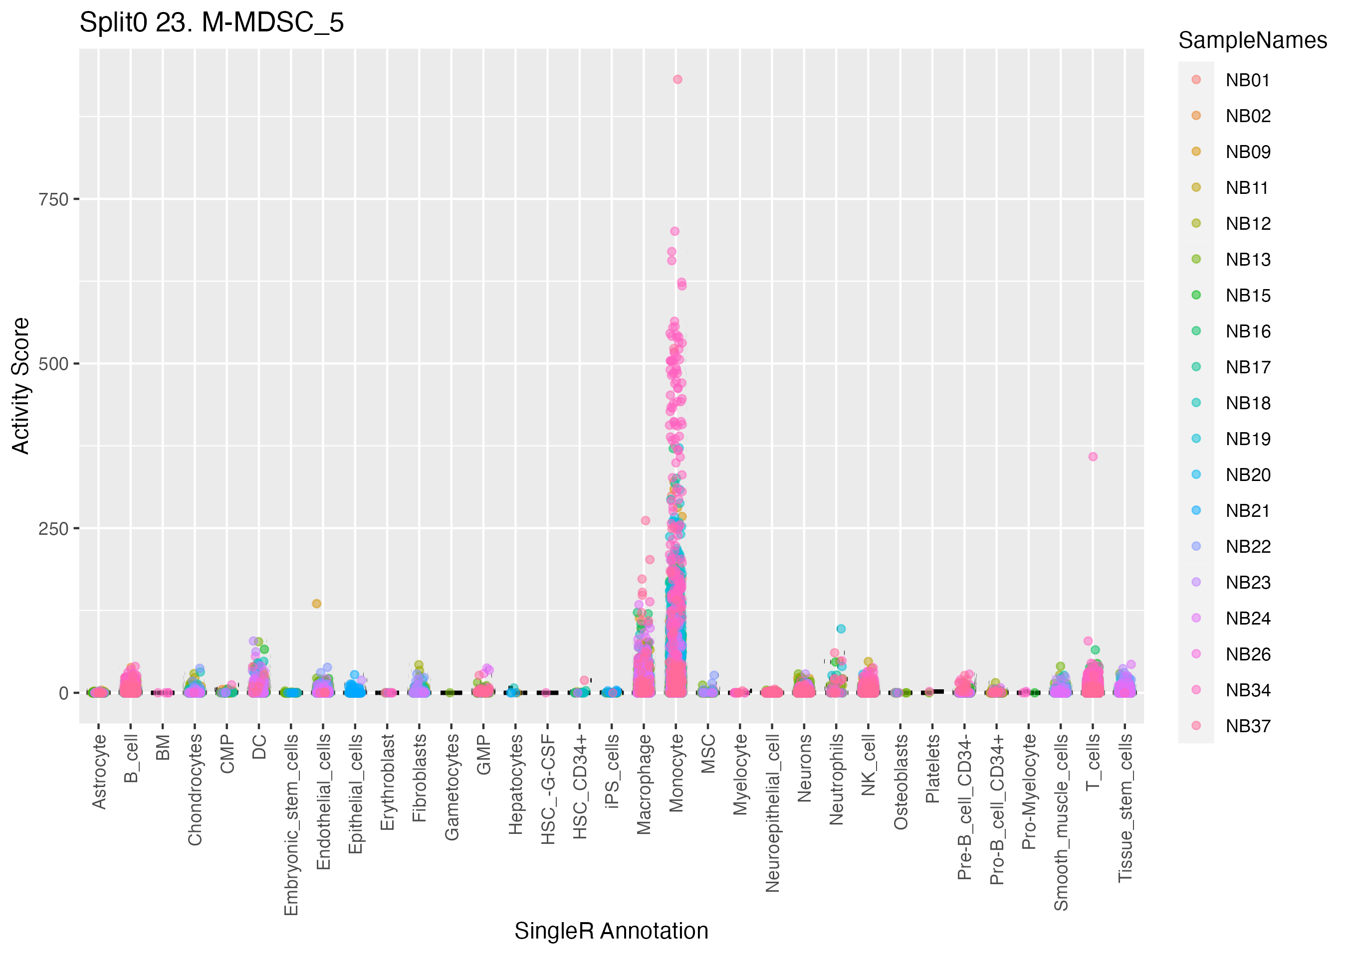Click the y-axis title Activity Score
tap(20, 385)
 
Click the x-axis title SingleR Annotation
tap(611, 931)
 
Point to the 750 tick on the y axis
tap(54, 199)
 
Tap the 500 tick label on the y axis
tap(54, 364)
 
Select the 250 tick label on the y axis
tap(54, 529)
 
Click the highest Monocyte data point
tap(677, 79)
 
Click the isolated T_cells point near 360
tap(1093, 457)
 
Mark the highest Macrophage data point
tap(646, 520)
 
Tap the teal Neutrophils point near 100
tap(841, 629)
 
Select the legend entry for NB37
tap(1247, 726)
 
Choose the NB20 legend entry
tap(1247, 475)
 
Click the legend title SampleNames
tap(1252, 40)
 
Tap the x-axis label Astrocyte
tap(99, 772)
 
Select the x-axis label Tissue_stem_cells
tap(1125, 808)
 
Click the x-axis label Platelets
tap(932, 769)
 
